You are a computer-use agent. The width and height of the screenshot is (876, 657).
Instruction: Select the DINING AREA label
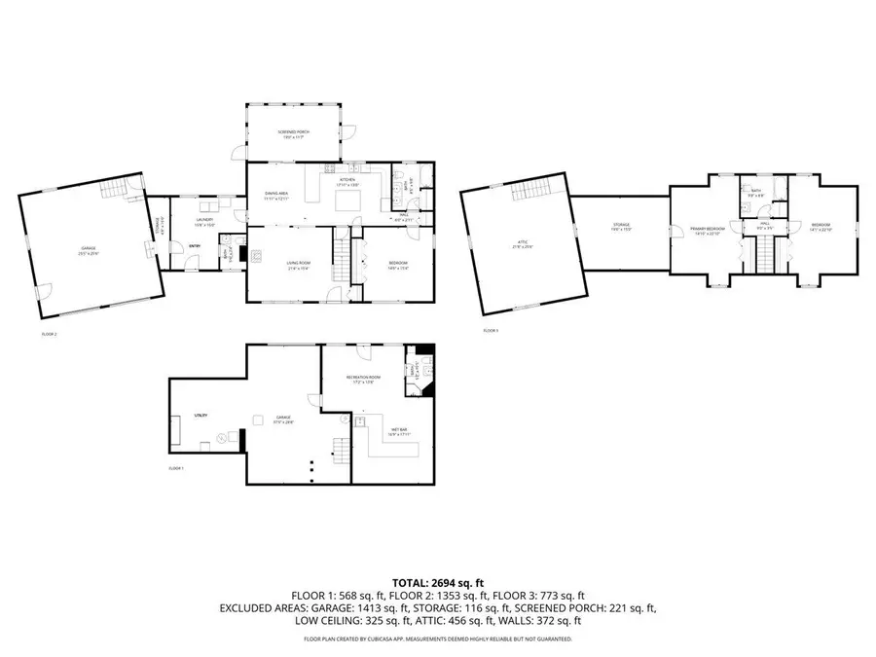tap(277, 194)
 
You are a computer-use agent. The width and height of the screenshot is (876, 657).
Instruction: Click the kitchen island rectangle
tap(349, 201)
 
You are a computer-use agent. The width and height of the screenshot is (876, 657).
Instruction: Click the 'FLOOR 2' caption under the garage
tap(49, 334)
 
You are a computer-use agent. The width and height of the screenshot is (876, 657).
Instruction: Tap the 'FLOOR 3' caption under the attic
tap(491, 331)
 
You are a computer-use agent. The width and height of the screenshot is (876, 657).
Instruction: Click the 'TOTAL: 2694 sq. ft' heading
tap(437, 582)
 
